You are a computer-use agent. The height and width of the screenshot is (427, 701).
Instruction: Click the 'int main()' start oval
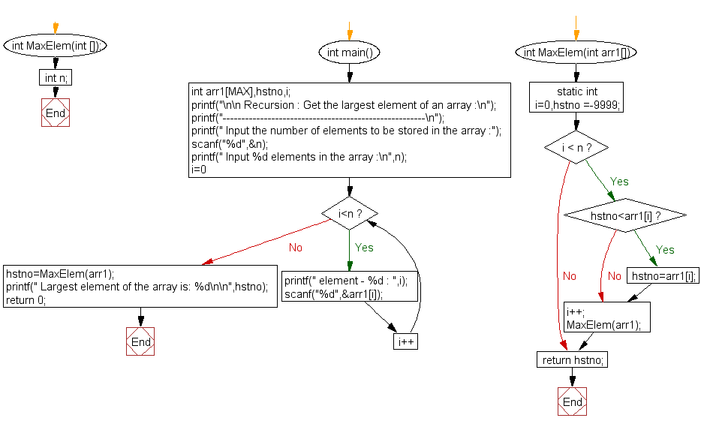349,53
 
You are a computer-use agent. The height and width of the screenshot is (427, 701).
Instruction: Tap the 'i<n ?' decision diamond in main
349,215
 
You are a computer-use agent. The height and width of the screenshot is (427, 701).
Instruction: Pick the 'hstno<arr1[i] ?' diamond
624,216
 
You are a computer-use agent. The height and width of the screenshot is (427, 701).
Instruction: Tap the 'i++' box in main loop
406,341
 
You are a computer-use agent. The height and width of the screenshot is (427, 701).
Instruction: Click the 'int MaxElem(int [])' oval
56,45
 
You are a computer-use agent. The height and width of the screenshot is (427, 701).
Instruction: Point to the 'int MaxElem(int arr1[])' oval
576,53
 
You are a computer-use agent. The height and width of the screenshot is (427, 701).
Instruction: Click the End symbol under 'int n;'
56,113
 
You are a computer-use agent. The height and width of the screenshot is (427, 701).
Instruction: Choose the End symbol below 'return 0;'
140,341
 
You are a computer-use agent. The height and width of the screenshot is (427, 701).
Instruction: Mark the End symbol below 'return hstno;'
573,401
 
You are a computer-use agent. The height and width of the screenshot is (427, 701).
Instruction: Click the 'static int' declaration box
576,98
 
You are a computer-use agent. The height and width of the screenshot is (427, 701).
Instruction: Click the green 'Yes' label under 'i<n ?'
364,248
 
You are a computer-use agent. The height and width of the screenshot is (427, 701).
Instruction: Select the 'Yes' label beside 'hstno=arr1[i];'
665,250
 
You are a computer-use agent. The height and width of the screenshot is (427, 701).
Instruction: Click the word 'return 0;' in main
26,299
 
